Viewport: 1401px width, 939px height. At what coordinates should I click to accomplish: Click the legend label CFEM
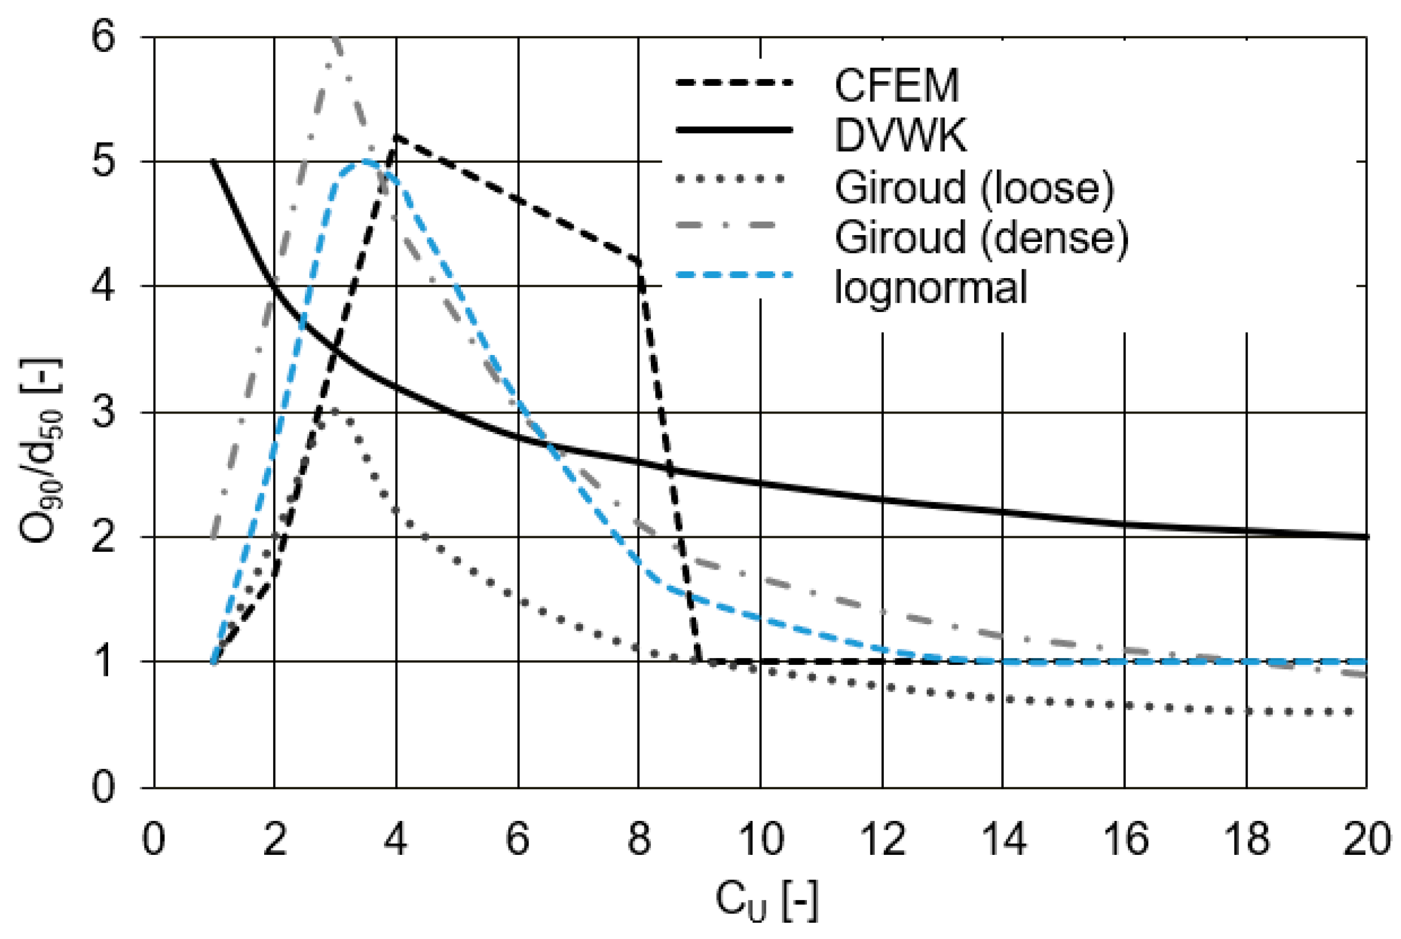[x=896, y=86]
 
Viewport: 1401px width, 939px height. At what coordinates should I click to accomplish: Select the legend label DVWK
[x=900, y=135]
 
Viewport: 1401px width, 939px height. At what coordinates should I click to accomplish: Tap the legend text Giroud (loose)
[x=974, y=187]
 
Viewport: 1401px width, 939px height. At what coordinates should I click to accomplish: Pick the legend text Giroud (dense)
[x=981, y=237]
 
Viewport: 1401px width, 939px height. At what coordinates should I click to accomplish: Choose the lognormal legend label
[x=931, y=288]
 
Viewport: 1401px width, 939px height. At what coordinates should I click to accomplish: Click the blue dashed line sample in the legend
[x=734, y=275]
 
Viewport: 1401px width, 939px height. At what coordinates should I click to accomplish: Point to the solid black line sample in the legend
[x=734, y=129]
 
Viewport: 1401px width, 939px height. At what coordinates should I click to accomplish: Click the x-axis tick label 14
[x=1004, y=839]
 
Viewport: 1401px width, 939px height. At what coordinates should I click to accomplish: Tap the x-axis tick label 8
[x=639, y=839]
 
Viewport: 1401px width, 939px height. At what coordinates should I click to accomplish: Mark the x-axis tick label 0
[x=153, y=839]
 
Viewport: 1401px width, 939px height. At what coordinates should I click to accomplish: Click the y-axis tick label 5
[x=103, y=162]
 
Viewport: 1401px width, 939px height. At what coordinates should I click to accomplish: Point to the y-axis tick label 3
[x=103, y=412]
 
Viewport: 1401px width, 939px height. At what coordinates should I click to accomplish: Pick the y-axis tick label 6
[x=103, y=37]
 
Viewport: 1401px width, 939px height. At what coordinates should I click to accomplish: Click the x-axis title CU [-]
[x=766, y=901]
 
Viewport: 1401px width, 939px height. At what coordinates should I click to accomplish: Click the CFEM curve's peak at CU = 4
[x=396, y=137]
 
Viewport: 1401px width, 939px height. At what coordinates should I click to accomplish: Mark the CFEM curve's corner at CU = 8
[x=639, y=262]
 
